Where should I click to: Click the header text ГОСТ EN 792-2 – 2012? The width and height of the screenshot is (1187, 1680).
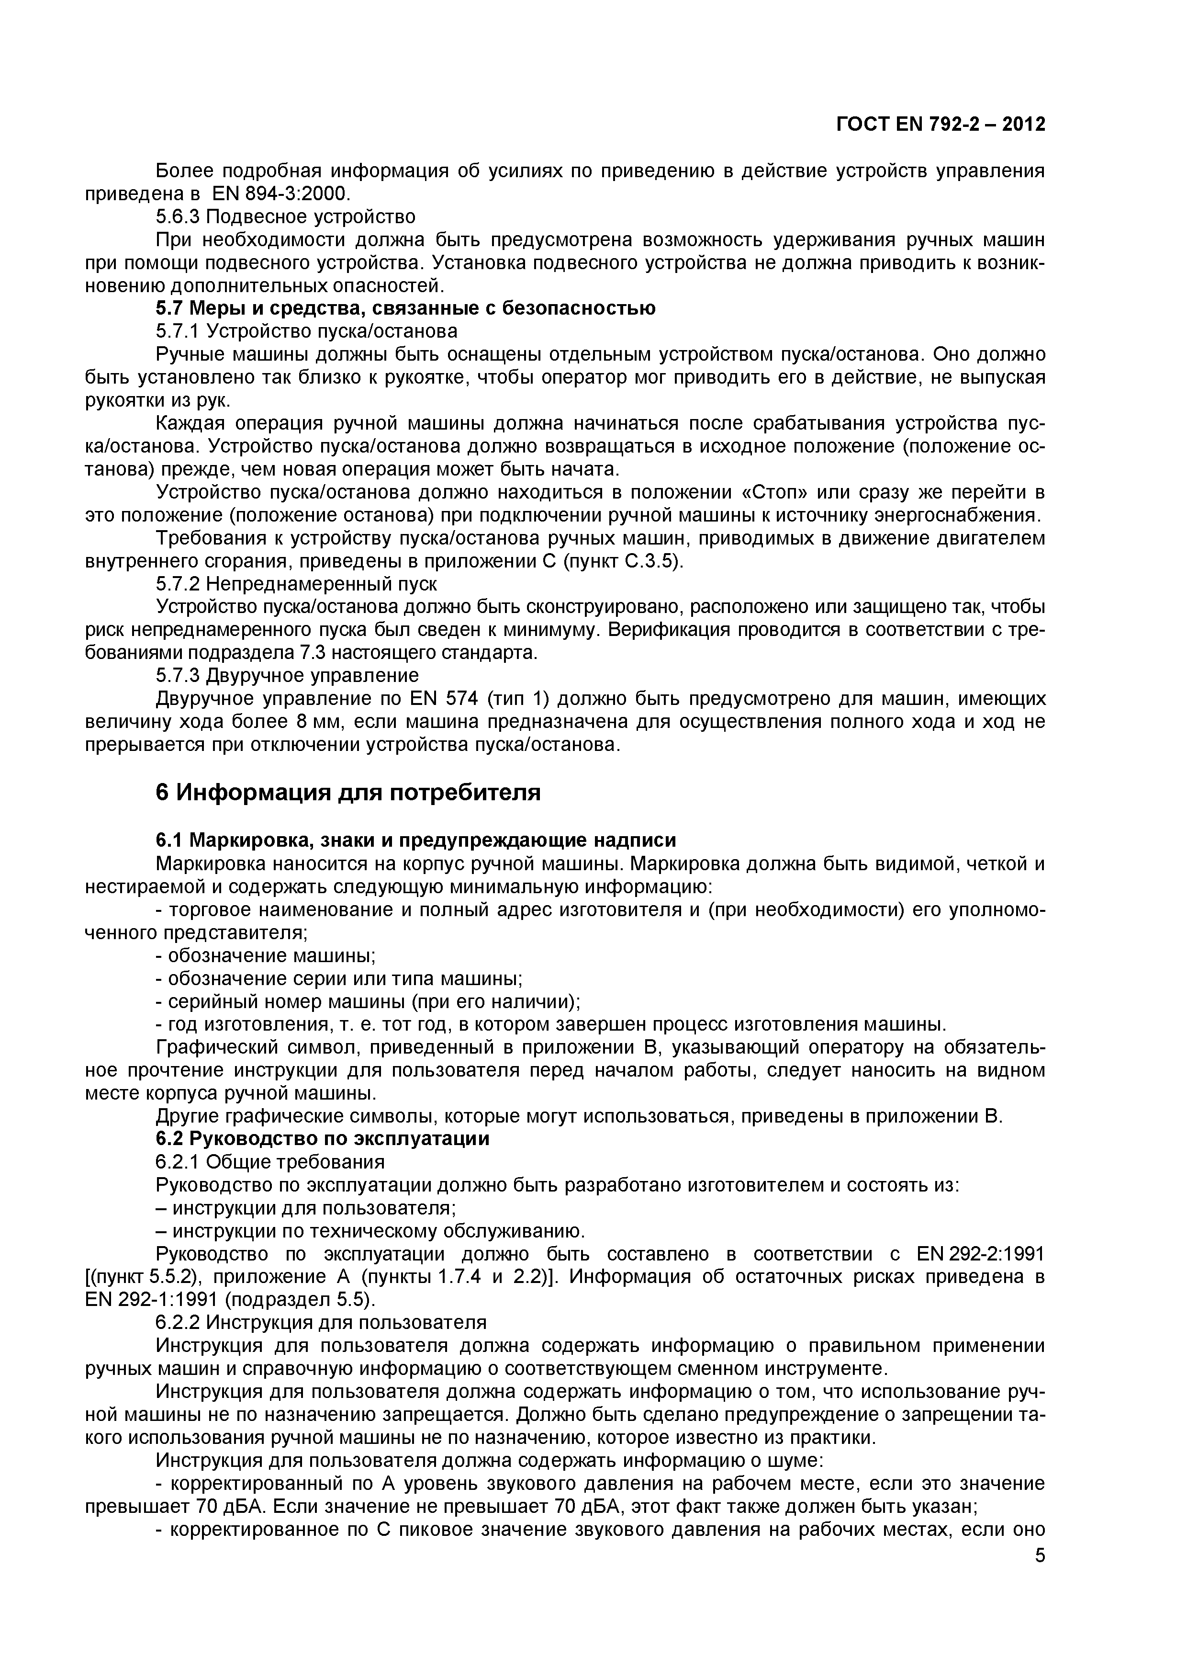[x=941, y=125]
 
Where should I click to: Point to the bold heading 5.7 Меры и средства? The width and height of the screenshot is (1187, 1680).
[x=406, y=308]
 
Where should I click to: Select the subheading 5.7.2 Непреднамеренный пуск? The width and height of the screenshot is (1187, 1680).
[x=296, y=584]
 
